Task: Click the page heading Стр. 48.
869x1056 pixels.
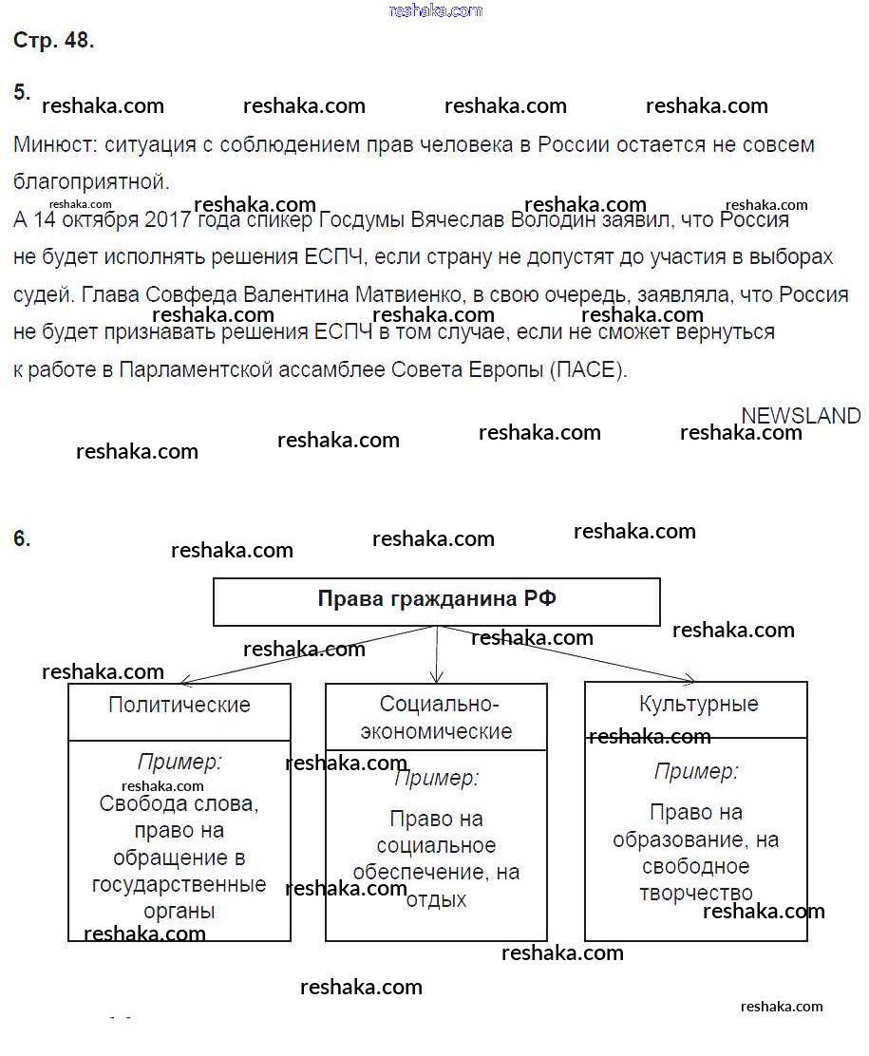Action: point(54,41)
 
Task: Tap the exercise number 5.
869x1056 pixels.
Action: point(22,92)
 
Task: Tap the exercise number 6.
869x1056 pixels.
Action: point(22,538)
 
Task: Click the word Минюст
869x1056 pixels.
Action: point(54,145)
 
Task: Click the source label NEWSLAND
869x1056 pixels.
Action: point(801,416)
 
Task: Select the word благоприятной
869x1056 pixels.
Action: point(90,181)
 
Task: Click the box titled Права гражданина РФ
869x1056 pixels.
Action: point(436,600)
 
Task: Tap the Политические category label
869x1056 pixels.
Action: point(179,705)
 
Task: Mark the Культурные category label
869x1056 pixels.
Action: point(699,704)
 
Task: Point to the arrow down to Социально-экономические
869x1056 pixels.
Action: point(436,655)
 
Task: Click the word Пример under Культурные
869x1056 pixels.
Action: point(696,771)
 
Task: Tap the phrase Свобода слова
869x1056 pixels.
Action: point(179,803)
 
